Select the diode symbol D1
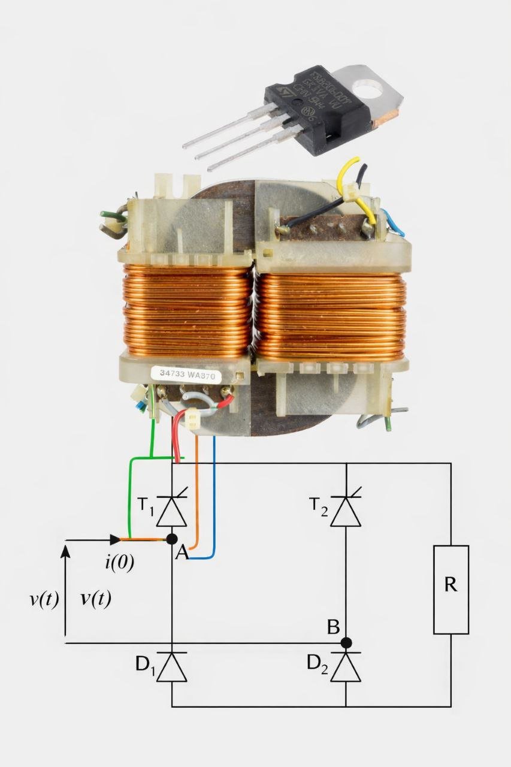pyautogui.click(x=172, y=667)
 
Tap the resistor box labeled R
pyautogui.click(x=450, y=589)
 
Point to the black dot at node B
pyautogui.click(x=346, y=644)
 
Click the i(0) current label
pyautogui.click(x=120, y=563)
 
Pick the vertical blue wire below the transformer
pyautogui.click(x=214, y=491)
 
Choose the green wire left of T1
pyautogui.click(x=130, y=497)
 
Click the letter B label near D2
pyautogui.click(x=334, y=627)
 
